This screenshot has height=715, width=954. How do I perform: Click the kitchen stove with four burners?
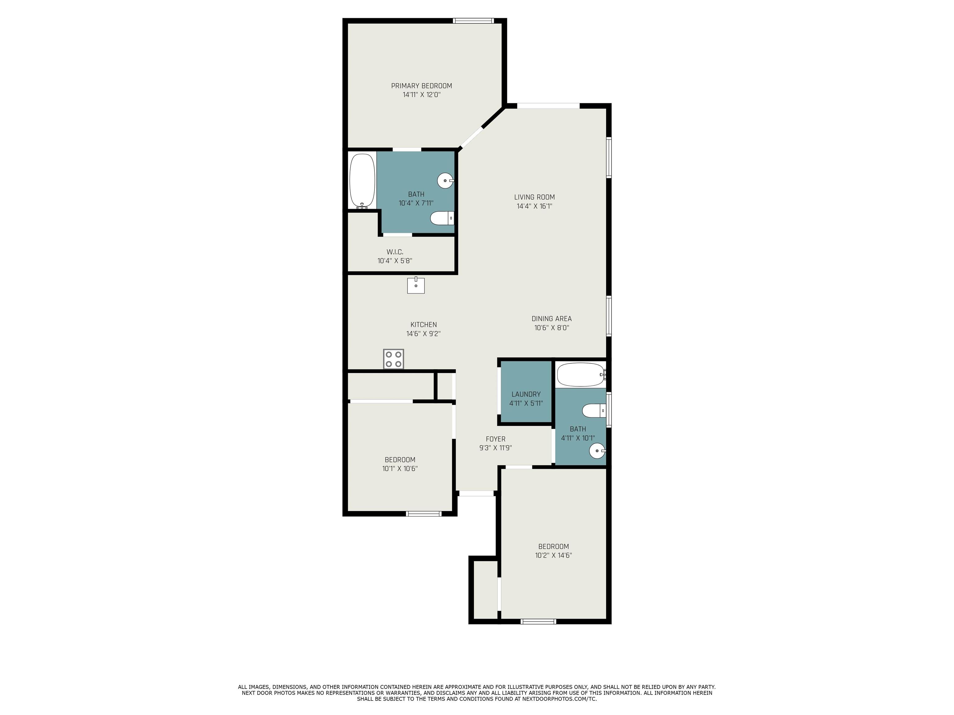pyautogui.click(x=393, y=358)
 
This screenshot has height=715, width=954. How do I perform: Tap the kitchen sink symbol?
pyautogui.click(x=416, y=285)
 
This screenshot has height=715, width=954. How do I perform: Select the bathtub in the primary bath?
pyautogui.click(x=362, y=181)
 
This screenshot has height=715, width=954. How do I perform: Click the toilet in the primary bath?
pyautogui.click(x=442, y=218)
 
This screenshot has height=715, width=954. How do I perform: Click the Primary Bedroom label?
pyautogui.click(x=421, y=86)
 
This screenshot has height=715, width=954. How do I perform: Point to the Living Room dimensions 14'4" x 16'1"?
pyautogui.click(x=534, y=206)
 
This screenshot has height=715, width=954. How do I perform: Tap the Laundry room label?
pyautogui.click(x=526, y=394)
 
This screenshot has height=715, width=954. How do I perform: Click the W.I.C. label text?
pyautogui.click(x=395, y=252)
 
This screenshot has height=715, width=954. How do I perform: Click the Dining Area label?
pyautogui.click(x=552, y=318)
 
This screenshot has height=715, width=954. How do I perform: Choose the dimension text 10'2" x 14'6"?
pyautogui.click(x=553, y=555)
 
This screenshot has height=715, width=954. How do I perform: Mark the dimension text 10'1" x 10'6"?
pyautogui.click(x=400, y=469)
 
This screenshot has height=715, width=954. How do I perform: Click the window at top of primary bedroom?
pyautogui.click(x=473, y=20)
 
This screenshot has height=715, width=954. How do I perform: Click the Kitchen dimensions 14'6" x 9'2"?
pyautogui.click(x=423, y=334)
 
